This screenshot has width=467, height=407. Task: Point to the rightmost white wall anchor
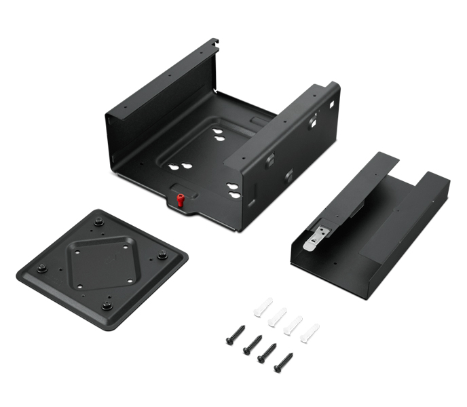click(310, 332)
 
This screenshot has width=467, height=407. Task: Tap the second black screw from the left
click(252, 343)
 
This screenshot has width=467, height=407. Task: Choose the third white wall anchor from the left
click(293, 324)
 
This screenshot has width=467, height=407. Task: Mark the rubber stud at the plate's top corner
click(99, 221)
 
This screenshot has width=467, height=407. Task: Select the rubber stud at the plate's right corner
click(162, 256)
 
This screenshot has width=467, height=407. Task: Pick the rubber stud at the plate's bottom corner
click(107, 305)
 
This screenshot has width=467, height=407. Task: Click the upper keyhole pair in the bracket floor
click(219, 134)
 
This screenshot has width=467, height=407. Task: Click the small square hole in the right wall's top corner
click(333, 105)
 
